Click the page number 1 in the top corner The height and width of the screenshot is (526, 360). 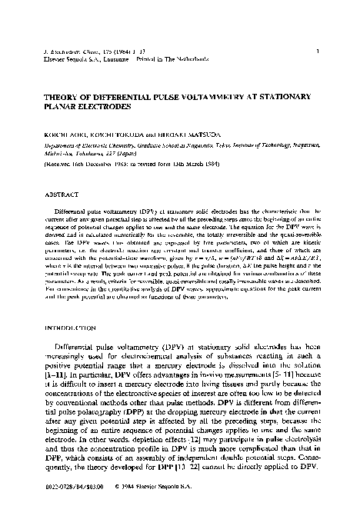pos(318,52)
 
